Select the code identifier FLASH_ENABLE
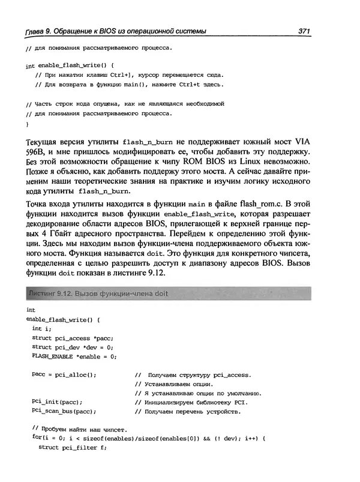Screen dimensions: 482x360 52,357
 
